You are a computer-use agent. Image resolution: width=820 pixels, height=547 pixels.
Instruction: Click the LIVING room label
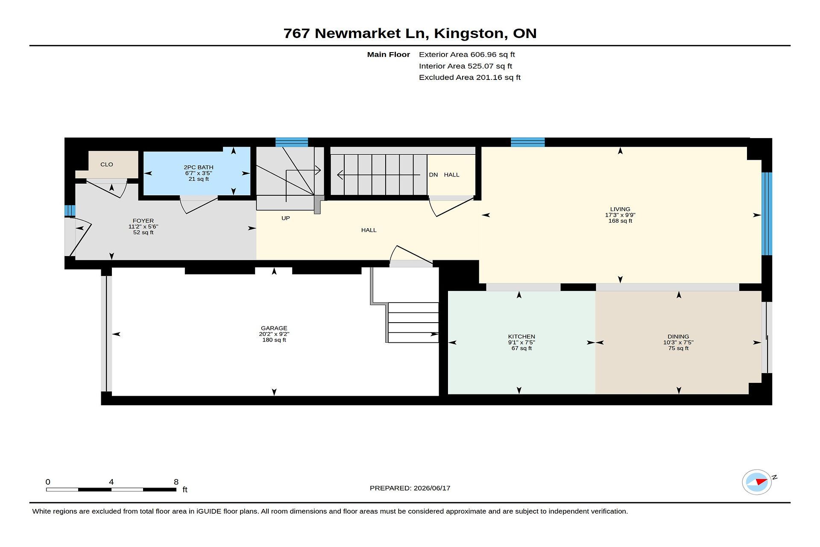tap(620, 209)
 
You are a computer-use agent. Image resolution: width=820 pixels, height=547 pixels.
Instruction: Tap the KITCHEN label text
tap(521, 337)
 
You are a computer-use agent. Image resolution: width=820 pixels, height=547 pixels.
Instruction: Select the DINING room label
tap(678, 337)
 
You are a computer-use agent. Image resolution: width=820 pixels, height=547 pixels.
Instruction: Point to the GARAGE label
tap(274, 329)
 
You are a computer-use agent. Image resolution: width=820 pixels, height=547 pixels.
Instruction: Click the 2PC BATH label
tap(199, 168)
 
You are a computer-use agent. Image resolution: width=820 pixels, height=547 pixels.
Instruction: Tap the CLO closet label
tap(107, 165)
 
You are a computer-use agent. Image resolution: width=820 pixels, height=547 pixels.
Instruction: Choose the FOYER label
tap(143, 221)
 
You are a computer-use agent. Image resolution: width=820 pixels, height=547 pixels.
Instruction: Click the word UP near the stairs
tap(286, 218)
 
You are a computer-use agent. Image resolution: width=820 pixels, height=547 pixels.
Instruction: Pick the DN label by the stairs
tap(433, 175)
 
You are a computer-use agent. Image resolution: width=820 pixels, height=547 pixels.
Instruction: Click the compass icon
tap(757, 482)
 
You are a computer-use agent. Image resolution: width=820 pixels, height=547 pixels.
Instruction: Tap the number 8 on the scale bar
tap(176, 482)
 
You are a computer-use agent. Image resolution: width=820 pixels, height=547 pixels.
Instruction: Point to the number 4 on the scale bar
tap(111, 482)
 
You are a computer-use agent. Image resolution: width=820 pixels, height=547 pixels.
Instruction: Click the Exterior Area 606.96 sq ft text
tap(467, 55)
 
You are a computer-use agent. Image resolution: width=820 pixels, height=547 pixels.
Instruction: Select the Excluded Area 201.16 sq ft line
tap(470, 77)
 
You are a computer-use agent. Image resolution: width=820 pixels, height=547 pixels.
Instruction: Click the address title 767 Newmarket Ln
tap(356, 33)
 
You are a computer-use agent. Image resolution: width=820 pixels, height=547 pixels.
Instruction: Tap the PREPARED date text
tap(410, 488)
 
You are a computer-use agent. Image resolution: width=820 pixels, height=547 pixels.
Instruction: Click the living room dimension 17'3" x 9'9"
tap(620, 215)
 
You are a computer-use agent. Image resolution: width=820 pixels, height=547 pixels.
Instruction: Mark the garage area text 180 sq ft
tap(274, 340)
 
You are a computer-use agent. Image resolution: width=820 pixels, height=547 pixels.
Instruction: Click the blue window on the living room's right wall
tap(767, 214)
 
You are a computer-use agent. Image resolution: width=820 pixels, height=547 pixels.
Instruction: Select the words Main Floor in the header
tap(389, 55)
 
